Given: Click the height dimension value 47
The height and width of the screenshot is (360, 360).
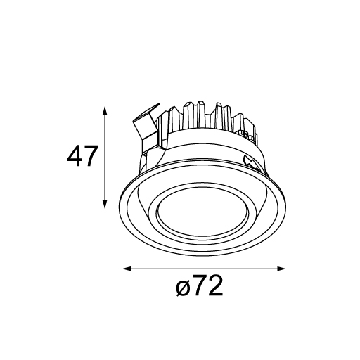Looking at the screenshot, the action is pos(82,156).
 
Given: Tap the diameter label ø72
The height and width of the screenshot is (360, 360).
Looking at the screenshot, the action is pos(200,286).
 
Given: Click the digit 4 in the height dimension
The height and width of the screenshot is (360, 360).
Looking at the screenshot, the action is pos(75,156).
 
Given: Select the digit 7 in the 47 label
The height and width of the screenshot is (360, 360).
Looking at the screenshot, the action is pos(90,156).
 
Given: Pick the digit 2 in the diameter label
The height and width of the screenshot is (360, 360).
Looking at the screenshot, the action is pos(215,285).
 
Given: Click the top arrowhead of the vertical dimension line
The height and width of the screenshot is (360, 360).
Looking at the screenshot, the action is pos(105,110).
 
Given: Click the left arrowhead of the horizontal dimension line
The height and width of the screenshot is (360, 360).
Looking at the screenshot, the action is pos(127,269).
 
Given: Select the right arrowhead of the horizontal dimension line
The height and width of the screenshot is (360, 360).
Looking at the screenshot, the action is pos(281,269).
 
